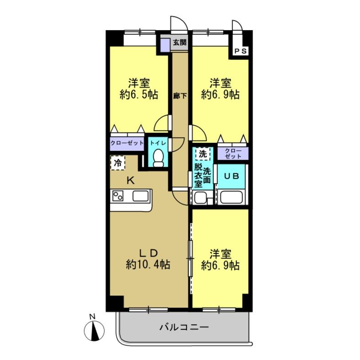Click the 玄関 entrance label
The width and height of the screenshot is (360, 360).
pyautogui.click(x=179, y=43)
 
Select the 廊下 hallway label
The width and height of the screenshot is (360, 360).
pyautogui.click(x=179, y=96)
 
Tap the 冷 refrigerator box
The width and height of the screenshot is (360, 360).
pyautogui.click(x=118, y=162)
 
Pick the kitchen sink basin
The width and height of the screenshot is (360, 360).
pyautogui.click(x=141, y=197)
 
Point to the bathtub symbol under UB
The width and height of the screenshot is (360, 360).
pyautogui.click(x=232, y=198)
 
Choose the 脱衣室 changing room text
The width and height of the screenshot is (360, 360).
pyautogui.click(x=198, y=175)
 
